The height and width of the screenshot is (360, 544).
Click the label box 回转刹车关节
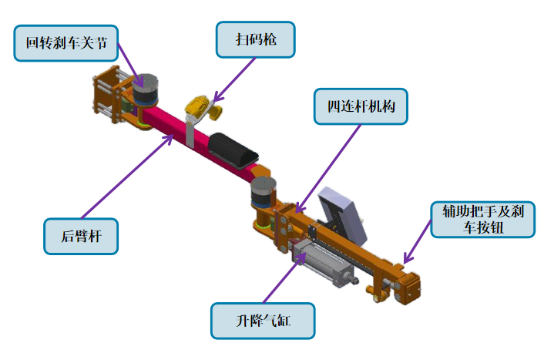click(x=67, y=43)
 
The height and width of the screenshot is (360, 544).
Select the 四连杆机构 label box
click(x=361, y=107)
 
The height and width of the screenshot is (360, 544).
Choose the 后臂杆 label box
click(x=81, y=234)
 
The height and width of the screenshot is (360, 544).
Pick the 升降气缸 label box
click(x=263, y=321)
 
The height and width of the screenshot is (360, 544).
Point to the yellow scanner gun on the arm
click(x=203, y=106)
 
